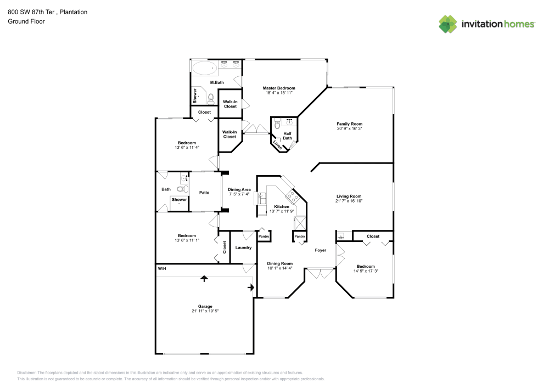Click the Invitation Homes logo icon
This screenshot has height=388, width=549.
pyautogui.click(x=448, y=24)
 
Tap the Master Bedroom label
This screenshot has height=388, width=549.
pyautogui.click(x=279, y=88)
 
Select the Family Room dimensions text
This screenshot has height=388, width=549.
pyautogui.click(x=349, y=128)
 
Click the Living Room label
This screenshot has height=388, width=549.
pyautogui.click(x=349, y=196)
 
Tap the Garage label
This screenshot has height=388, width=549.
pyautogui.click(x=205, y=306)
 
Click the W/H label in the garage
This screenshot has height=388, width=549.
pyautogui.click(x=162, y=269)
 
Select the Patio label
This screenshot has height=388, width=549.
pyautogui.click(x=204, y=192)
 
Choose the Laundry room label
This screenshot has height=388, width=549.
pyautogui.click(x=243, y=248)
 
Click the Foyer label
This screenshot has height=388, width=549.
pyautogui.click(x=320, y=250)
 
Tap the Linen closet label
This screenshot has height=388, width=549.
pyautogui.click(x=278, y=146)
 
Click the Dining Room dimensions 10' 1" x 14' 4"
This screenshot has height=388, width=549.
pyautogui.click(x=280, y=268)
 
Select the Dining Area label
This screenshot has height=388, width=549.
pyautogui.click(x=239, y=189)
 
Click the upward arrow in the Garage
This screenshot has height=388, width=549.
pyautogui.click(x=205, y=279)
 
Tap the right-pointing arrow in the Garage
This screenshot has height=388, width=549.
pyautogui.click(x=251, y=287)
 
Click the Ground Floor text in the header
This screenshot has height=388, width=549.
pyautogui.click(x=26, y=21)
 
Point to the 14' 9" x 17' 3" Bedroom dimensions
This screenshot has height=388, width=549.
pyautogui.click(x=365, y=271)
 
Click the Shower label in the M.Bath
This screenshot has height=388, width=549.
pyautogui.click(x=195, y=96)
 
